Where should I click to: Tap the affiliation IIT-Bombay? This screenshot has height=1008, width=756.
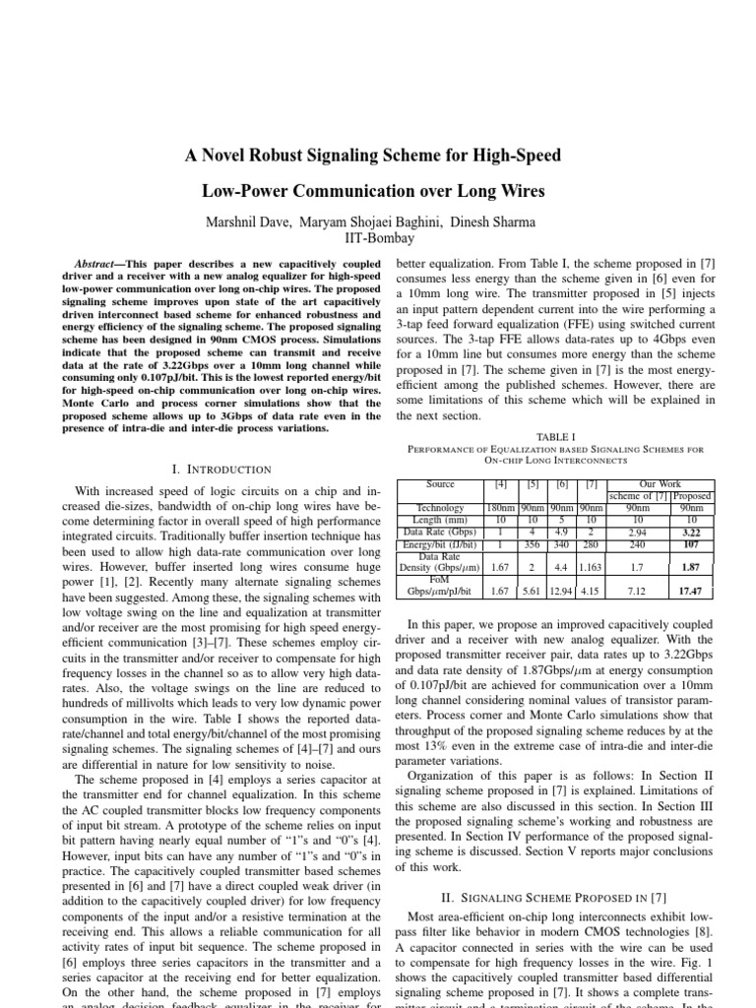tap(379, 239)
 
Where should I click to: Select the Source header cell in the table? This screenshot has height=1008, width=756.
tap(440, 484)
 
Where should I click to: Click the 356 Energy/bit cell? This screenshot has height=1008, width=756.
tap(534, 543)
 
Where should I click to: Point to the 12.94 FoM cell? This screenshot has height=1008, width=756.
tap(562, 590)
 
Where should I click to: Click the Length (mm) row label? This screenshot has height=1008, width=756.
tap(440, 520)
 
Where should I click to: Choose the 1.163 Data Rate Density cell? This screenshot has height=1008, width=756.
tap(591, 567)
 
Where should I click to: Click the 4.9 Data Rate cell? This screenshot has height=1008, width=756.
tap(562, 532)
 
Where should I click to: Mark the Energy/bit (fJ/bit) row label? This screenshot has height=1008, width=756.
tap(440, 543)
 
